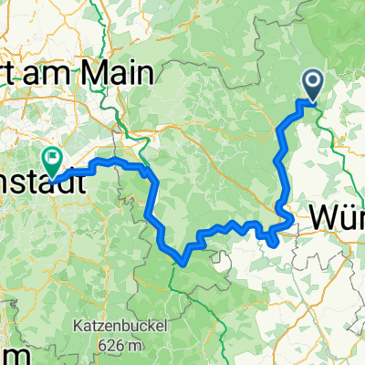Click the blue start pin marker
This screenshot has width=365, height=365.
tap(312, 85)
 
